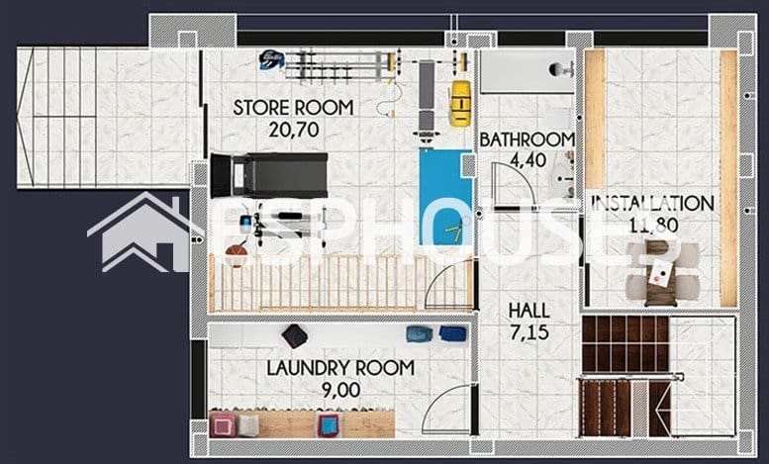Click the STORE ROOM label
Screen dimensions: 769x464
pos(293,108)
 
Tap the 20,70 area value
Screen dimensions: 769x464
pos(294,130)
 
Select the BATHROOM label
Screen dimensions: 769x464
pos(527,139)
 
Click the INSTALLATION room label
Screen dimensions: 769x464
pos(652,203)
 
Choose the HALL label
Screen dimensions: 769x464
pos(529,311)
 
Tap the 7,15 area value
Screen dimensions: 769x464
pos(529,332)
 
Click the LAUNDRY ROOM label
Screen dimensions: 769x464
pos(340,368)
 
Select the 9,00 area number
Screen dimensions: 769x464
pos(340,390)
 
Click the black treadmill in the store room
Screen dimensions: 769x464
pos(269,175)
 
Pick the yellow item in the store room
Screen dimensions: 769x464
pos(460,104)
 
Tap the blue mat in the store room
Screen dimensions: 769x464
pos(445,197)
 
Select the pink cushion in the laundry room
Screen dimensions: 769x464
pos(223,424)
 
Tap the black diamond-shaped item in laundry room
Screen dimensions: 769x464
pos(295,336)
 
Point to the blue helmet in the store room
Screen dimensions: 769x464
pos(271,59)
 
